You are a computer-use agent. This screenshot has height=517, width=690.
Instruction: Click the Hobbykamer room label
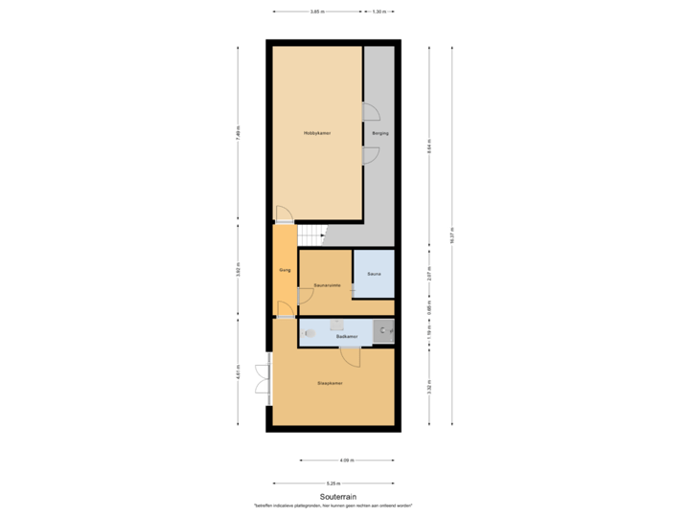[x=316, y=134]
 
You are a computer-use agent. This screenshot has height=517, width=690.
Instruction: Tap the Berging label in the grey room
[x=380, y=134]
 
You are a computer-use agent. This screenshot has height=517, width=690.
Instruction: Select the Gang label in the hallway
[x=285, y=271]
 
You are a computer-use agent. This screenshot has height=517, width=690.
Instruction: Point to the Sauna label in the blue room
[x=374, y=273]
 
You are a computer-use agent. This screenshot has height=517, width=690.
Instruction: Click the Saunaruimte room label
[x=328, y=284]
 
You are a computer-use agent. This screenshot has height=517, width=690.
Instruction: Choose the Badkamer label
[x=347, y=336]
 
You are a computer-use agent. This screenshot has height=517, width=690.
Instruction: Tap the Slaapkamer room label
[x=331, y=383]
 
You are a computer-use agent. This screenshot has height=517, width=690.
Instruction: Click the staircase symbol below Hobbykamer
[x=312, y=233]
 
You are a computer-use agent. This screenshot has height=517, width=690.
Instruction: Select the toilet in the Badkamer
[x=309, y=333]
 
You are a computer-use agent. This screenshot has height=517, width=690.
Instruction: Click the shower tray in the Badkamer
[x=383, y=331]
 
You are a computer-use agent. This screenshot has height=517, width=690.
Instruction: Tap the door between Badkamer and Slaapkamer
[x=351, y=358]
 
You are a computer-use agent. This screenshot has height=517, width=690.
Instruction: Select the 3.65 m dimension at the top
[x=315, y=12]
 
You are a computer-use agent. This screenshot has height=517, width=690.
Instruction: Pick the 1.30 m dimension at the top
[x=379, y=12]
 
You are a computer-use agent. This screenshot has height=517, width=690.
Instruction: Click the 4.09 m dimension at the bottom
[x=346, y=460]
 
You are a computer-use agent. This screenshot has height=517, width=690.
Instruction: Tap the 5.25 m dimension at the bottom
[x=333, y=483]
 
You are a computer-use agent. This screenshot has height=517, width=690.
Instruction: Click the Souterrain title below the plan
[x=338, y=496]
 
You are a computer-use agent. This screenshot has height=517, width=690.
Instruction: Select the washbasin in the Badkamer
[x=335, y=324]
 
